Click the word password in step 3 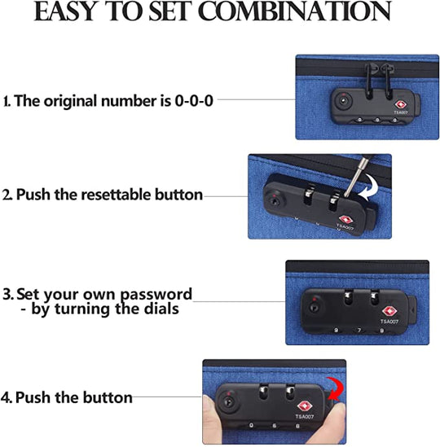point(156,294)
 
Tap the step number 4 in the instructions point(7,397)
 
